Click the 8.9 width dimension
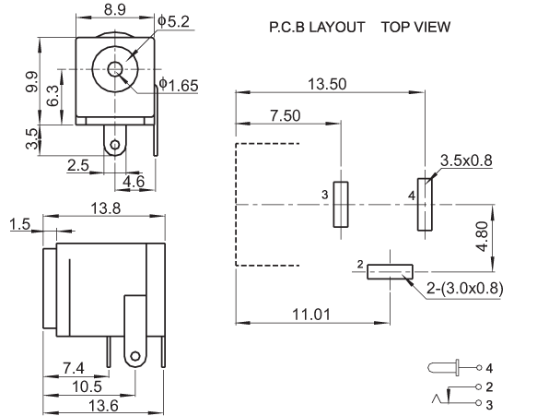[x=115, y=9]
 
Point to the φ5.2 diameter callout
[x=173, y=21]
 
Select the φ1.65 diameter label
[x=179, y=85]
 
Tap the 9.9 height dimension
[x=32, y=81]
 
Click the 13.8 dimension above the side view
[x=106, y=208]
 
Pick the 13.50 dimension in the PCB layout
[x=327, y=84]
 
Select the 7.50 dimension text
[x=286, y=115]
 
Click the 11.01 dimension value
[x=311, y=315]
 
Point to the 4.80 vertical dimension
[x=483, y=237]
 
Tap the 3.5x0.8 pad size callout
[x=466, y=160]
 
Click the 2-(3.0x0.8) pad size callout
[x=465, y=289]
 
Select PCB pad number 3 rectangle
[x=341, y=205]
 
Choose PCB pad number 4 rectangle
[x=425, y=205]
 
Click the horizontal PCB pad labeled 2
[x=390, y=271]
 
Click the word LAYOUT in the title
[x=337, y=27]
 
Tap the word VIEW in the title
[x=433, y=27]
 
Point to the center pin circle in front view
[x=115, y=69]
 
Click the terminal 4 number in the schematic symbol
[x=489, y=368]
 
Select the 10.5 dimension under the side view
[x=87, y=386]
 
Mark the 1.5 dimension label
[x=20, y=224]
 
